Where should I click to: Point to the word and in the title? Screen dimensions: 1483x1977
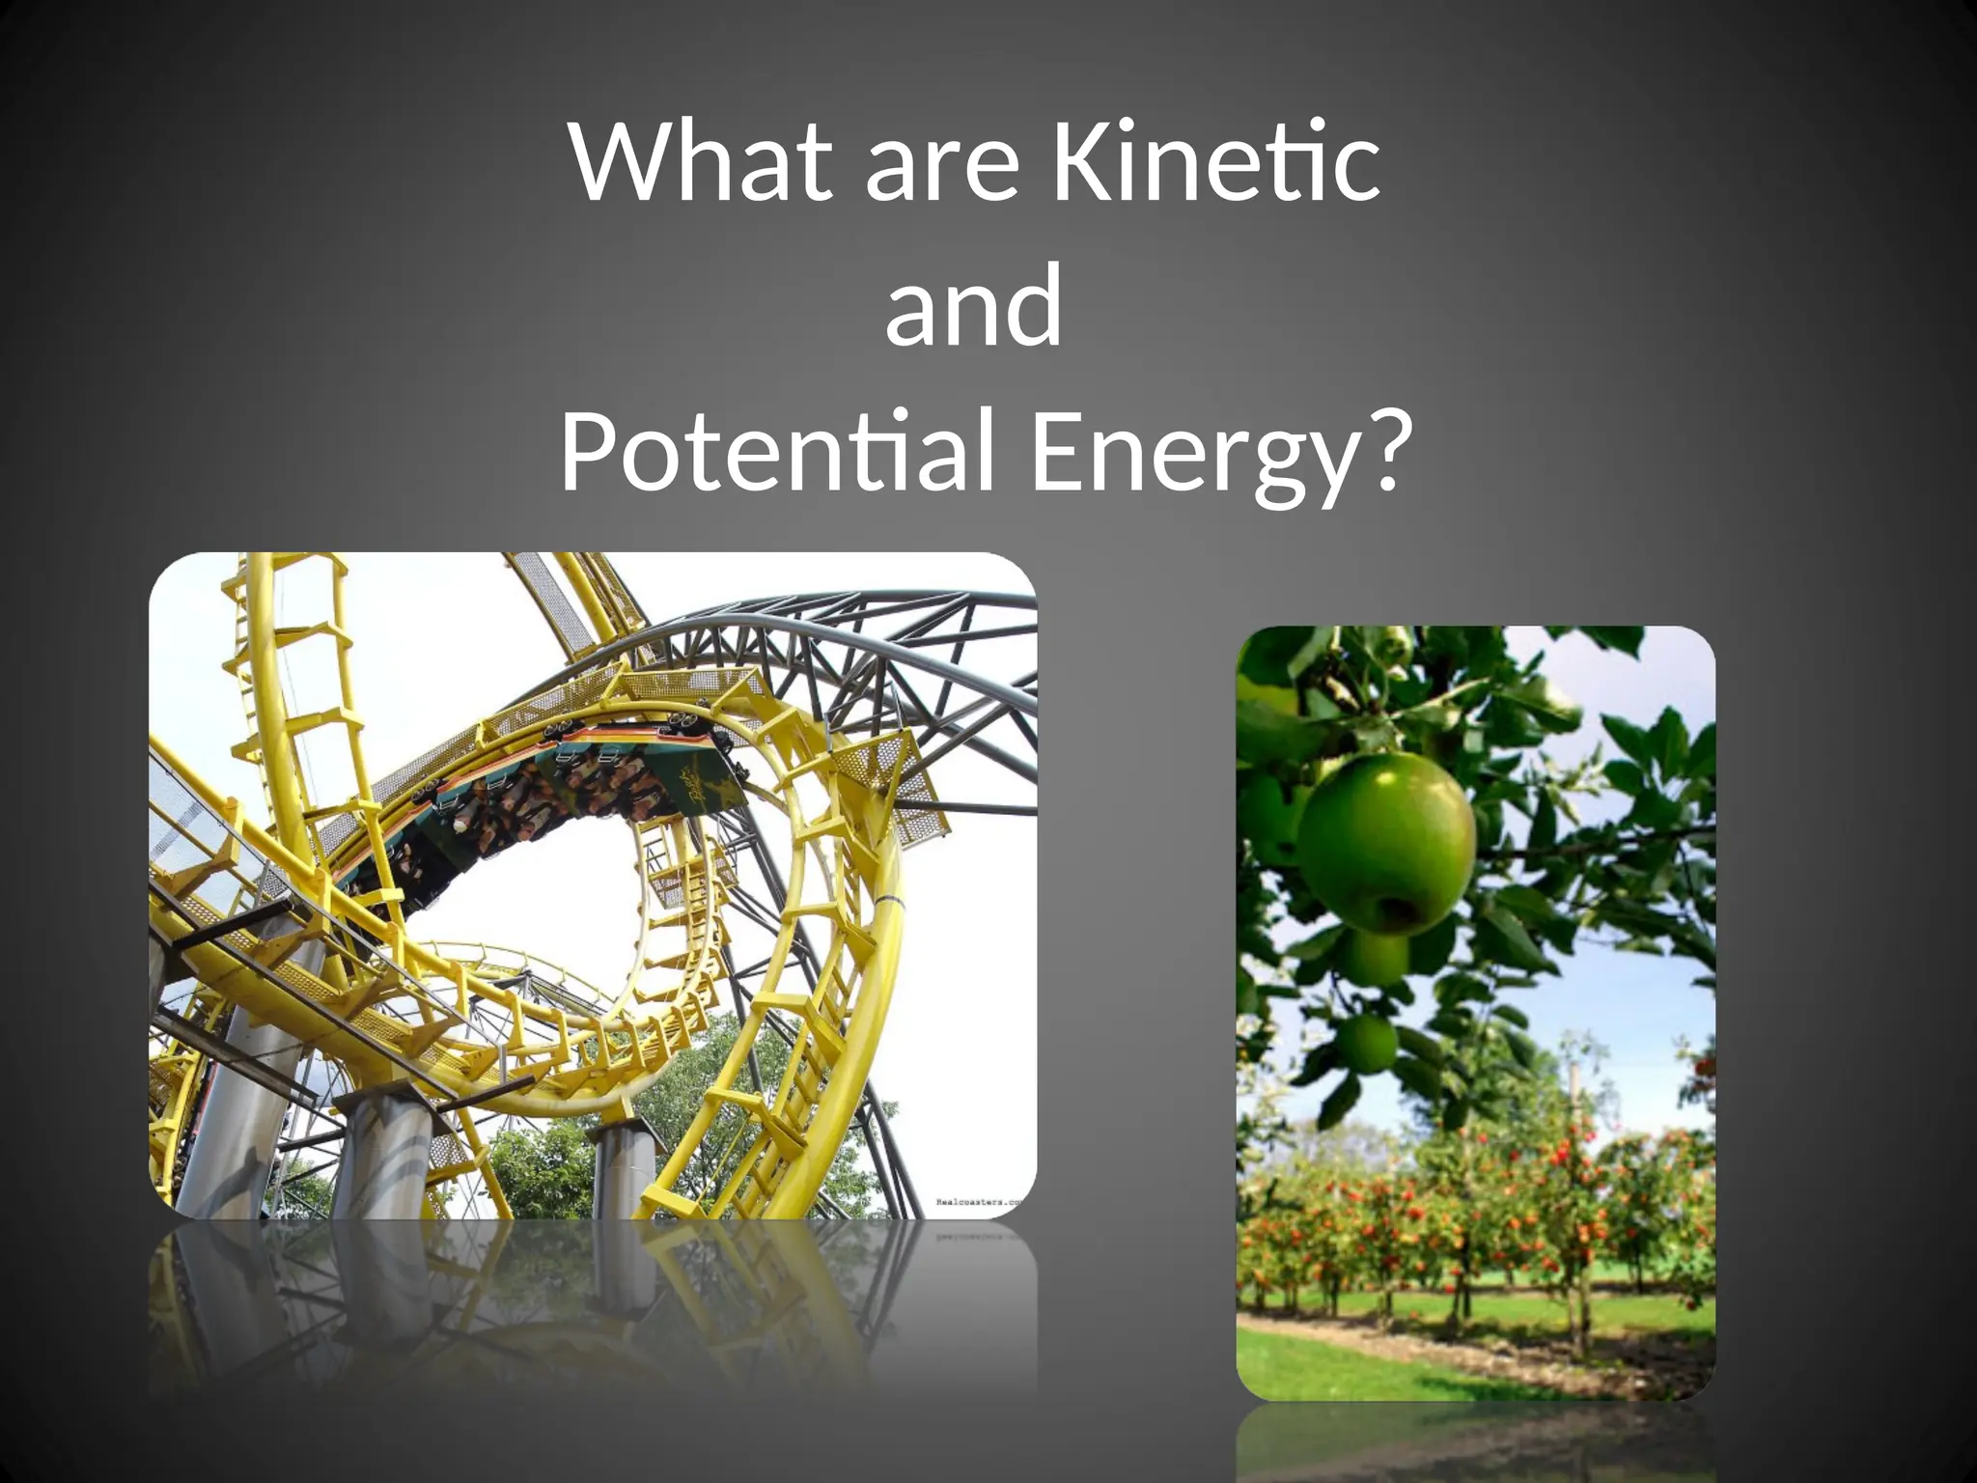tap(973, 307)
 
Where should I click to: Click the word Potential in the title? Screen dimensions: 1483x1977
tap(778, 452)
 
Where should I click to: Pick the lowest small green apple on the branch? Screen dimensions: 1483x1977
tap(1367, 1043)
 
